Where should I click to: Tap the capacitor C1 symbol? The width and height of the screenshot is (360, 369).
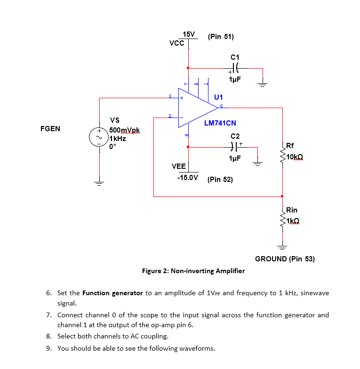click(x=235, y=68)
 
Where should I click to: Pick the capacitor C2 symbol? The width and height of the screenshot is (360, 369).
click(x=235, y=147)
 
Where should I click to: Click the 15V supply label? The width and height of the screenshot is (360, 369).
click(x=189, y=34)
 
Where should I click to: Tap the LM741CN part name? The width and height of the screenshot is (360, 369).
click(x=220, y=123)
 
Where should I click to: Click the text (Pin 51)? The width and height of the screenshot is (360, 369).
click(x=220, y=37)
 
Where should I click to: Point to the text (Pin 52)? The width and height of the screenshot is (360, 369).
click(x=220, y=180)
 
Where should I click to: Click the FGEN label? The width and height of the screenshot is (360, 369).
click(x=50, y=128)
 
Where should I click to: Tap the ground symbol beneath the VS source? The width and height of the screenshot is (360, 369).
click(x=99, y=182)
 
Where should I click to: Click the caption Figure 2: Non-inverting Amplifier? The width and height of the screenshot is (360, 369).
click(x=193, y=271)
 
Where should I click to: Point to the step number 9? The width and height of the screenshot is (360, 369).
click(x=49, y=348)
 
